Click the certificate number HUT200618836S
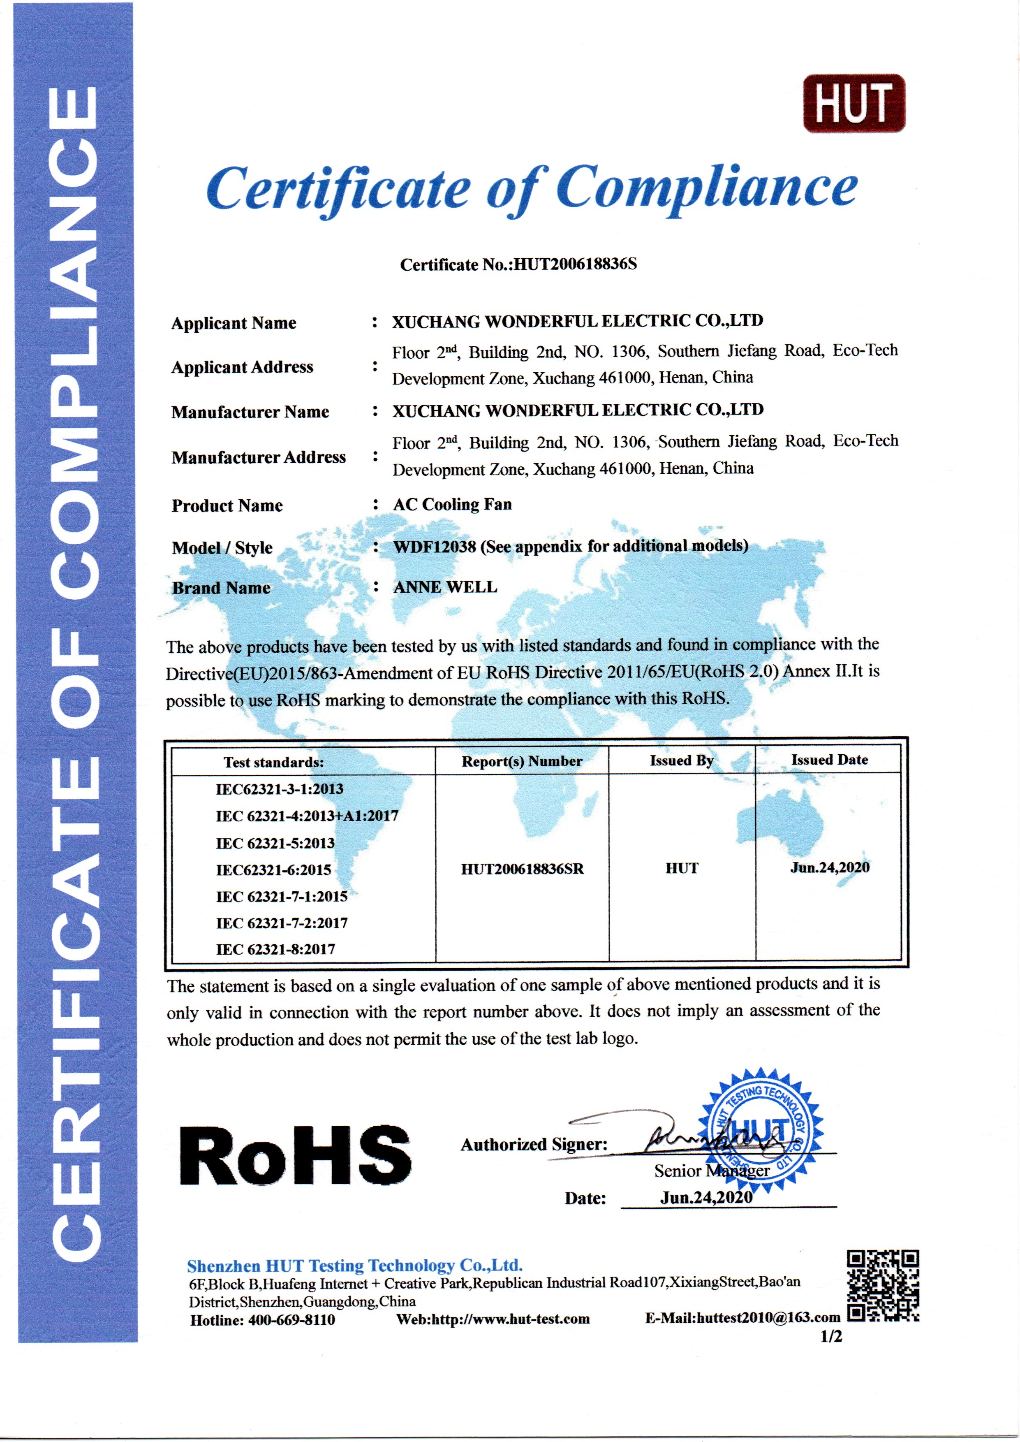click(x=575, y=264)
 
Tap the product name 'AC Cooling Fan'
click(x=452, y=505)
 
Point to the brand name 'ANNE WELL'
click(x=445, y=587)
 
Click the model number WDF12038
click(x=435, y=547)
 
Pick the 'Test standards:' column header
click(x=274, y=762)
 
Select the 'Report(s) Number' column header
click(x=522, y=762)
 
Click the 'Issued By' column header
click(x=682, y=761)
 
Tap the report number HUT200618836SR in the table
click(x=522, y=869)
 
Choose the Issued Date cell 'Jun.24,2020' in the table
click(x=830, y=868)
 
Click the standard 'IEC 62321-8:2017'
click(x=276, y=949)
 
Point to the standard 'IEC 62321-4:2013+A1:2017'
click(x=307, y=816)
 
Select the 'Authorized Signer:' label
click(x=534, y=1145)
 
